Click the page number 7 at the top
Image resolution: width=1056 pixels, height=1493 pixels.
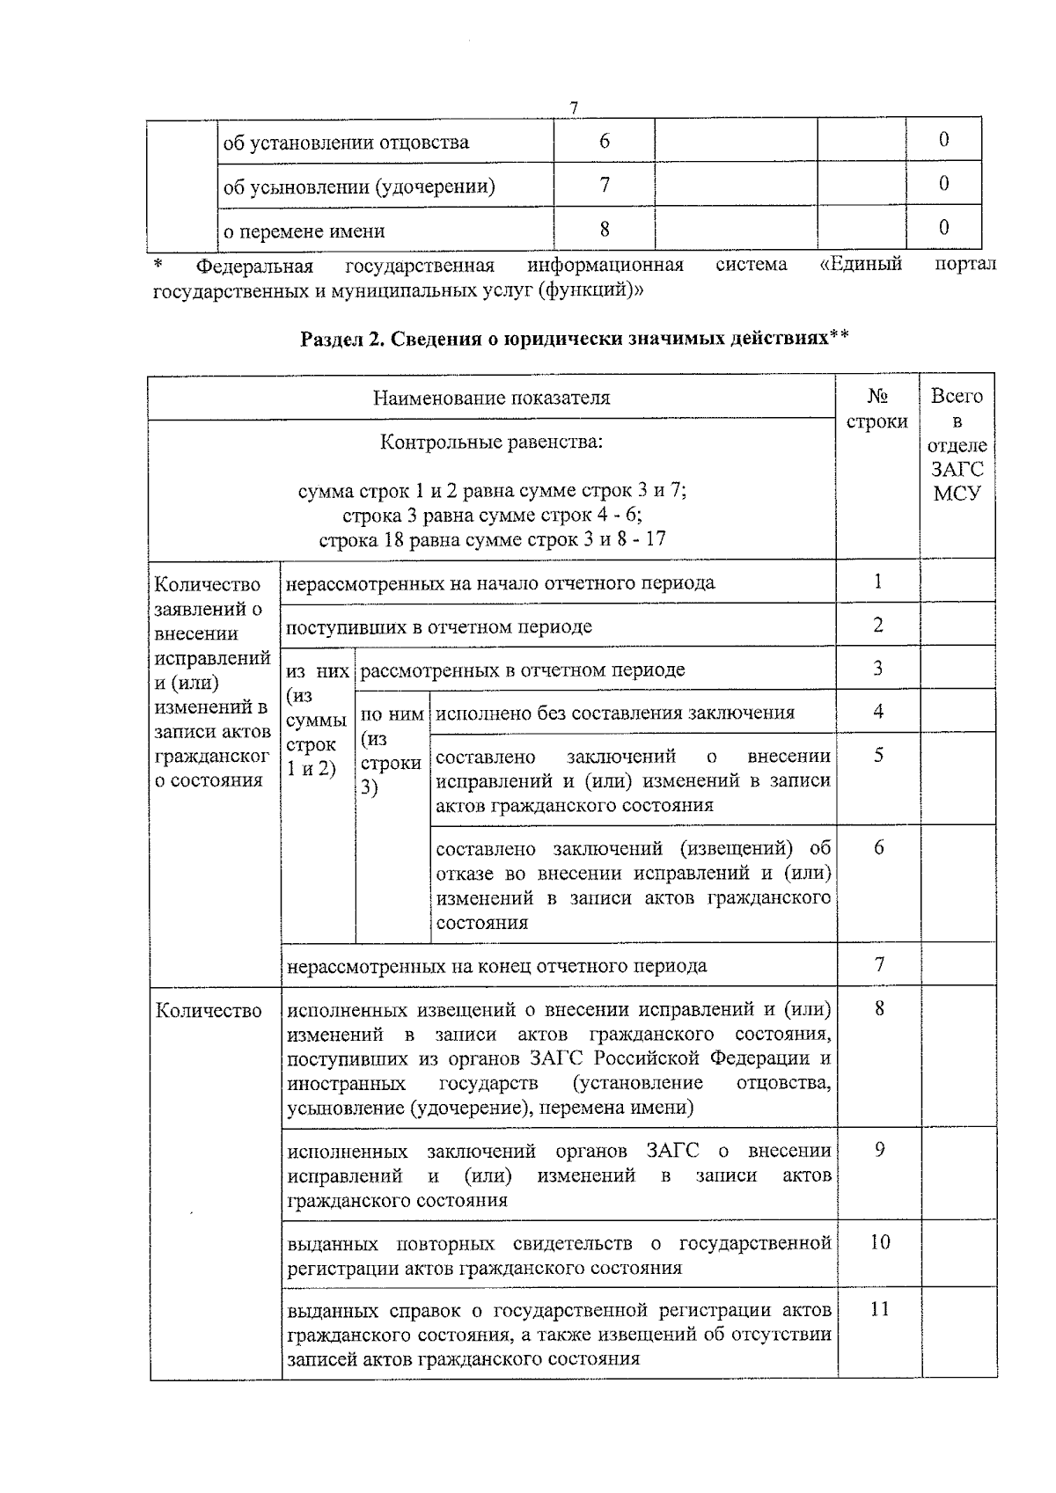tap(574, 108)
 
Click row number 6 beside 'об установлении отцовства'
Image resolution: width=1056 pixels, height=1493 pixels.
tap(605, 141)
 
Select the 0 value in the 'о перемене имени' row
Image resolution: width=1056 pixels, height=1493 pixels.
tap(943, 228)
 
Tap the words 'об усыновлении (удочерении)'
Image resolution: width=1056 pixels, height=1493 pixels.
tap(359, 187)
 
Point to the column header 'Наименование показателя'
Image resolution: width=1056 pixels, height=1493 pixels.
tap(491, 398)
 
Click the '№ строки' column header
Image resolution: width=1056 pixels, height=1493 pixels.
tap(877, 409)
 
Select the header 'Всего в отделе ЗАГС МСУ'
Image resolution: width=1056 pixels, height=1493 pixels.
tap(957, 444)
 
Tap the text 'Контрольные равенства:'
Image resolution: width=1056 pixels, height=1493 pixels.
tap(491, 442)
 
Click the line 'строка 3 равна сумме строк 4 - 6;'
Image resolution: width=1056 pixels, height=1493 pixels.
tap(492, 515)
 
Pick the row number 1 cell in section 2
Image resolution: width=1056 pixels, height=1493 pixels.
tap(877, 581)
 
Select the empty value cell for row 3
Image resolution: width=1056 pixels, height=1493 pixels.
tap(957, 668)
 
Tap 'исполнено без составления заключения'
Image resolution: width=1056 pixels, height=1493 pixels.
tap(615, 713)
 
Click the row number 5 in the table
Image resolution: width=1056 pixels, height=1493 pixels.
tap(878, 755)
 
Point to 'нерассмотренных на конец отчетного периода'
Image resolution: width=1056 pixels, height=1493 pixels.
tap(497, 966)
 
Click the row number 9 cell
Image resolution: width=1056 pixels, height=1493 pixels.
tap(879, 1150)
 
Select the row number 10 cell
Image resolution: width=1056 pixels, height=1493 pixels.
tap(879, 1242)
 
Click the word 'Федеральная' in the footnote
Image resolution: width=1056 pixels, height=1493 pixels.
tap(254, 266)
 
